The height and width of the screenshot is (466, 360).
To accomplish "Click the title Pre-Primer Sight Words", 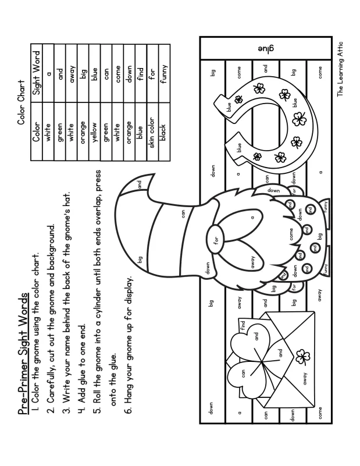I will [23, 351].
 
